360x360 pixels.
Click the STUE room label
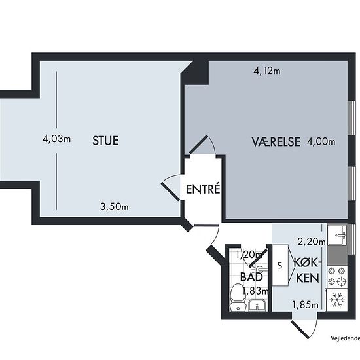(105, 141)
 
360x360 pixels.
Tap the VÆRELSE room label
(276, 141)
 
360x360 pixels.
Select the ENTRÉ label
(203, 189)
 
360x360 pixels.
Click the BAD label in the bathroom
(251, 277)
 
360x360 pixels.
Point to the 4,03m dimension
(56, 139)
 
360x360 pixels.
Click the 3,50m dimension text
(115, 207)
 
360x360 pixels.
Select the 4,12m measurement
(267, 71)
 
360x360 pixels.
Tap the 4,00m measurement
(321, 141)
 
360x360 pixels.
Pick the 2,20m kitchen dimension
(312, 242)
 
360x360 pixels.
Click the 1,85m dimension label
(306, 305)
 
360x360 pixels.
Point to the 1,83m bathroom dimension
(255, 291)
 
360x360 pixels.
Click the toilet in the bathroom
(238, 298)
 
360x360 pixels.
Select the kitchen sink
(337, 235)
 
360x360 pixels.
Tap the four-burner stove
(337, 276)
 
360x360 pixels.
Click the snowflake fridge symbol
(337, 300)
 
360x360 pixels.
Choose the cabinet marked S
(280, 265)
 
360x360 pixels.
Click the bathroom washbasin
(257, 305)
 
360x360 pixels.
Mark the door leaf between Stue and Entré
(171, 192)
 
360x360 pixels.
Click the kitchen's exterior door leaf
(300, 330)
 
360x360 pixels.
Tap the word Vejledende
(346, 338)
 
